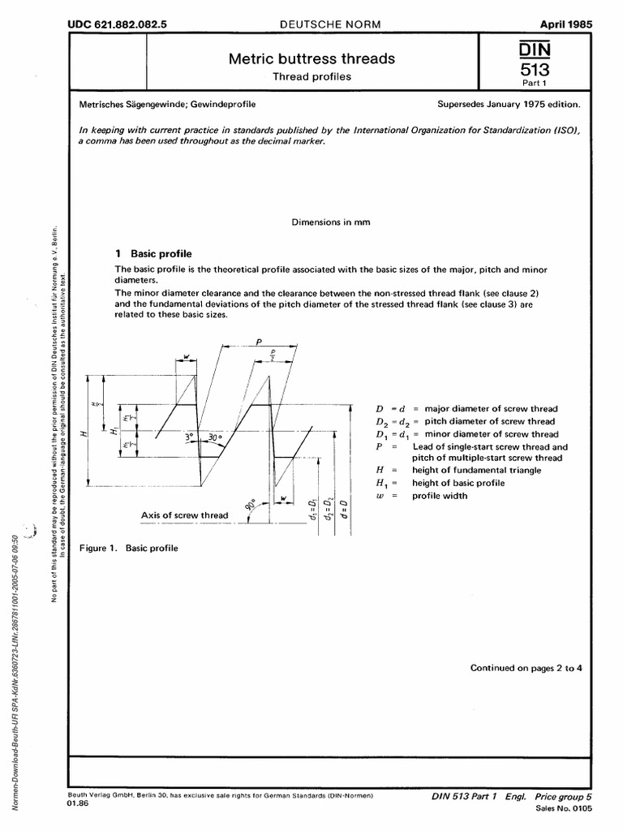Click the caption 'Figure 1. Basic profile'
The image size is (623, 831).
(129, 548)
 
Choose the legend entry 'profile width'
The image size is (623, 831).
(440, 495)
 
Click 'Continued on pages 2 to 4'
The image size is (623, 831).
(526, 668)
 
